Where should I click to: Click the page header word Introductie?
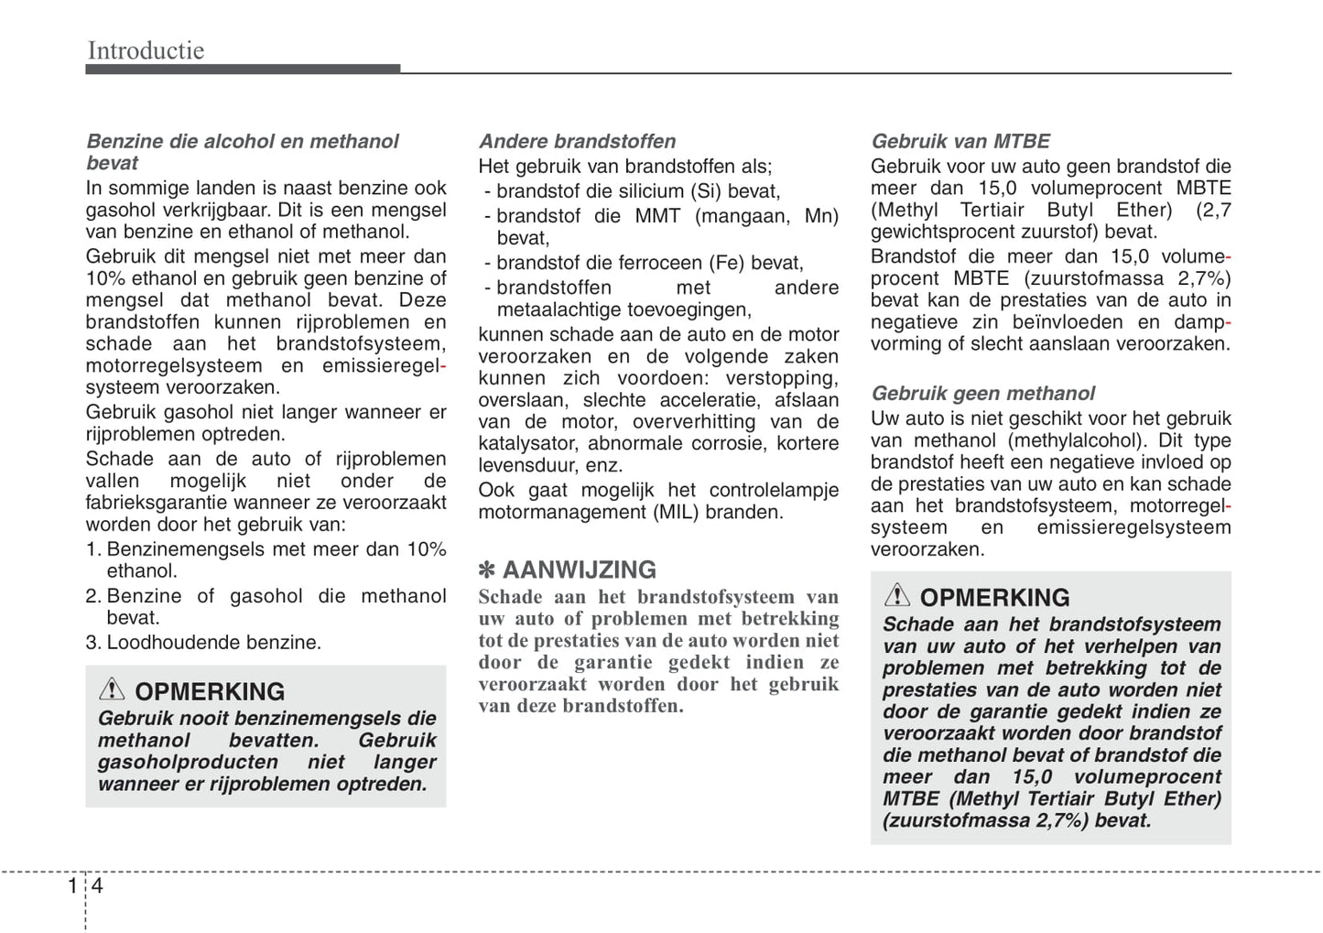146,50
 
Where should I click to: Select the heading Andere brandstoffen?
577,141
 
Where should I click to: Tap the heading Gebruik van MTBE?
960,141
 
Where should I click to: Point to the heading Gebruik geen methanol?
982,393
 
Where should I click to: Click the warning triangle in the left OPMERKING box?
112,689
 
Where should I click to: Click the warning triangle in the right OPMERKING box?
896,596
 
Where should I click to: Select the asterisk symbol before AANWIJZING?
487,570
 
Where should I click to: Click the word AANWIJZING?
579,570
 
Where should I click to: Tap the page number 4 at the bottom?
97,885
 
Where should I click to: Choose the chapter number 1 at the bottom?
73,885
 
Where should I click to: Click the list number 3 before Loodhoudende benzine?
92,643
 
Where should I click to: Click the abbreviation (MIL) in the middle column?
676,512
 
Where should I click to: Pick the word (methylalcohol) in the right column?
1070,440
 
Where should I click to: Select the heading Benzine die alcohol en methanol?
242,141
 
